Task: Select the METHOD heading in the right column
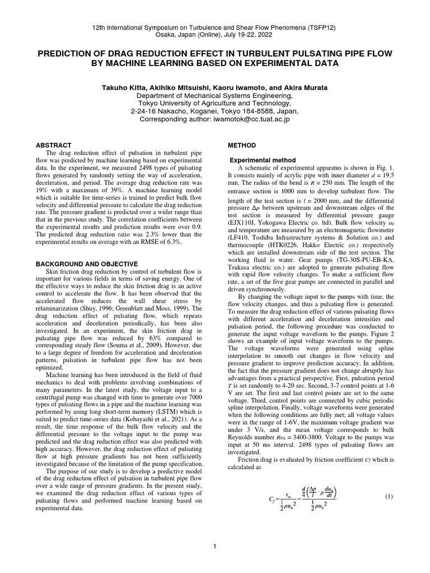point(241,145)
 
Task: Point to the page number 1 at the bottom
point(214,547)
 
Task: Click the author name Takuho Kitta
point(125,88)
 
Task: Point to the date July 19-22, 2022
point(269,34)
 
